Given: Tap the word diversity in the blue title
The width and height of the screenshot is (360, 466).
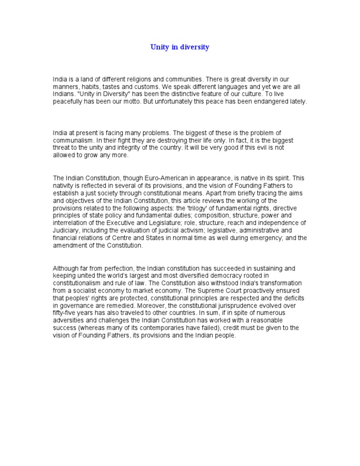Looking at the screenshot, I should [193, 47].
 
